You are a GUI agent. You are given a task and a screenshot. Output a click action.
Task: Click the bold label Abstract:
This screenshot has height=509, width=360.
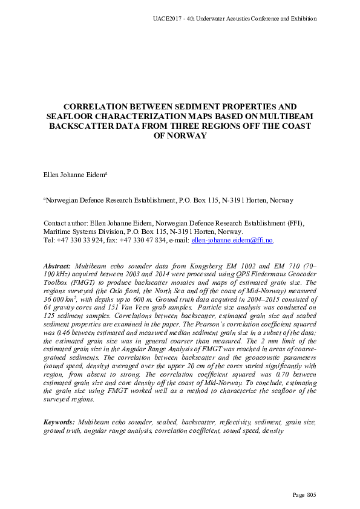pos(58,266)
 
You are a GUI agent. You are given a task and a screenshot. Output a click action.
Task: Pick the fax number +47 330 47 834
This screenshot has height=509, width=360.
pos(143,240)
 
